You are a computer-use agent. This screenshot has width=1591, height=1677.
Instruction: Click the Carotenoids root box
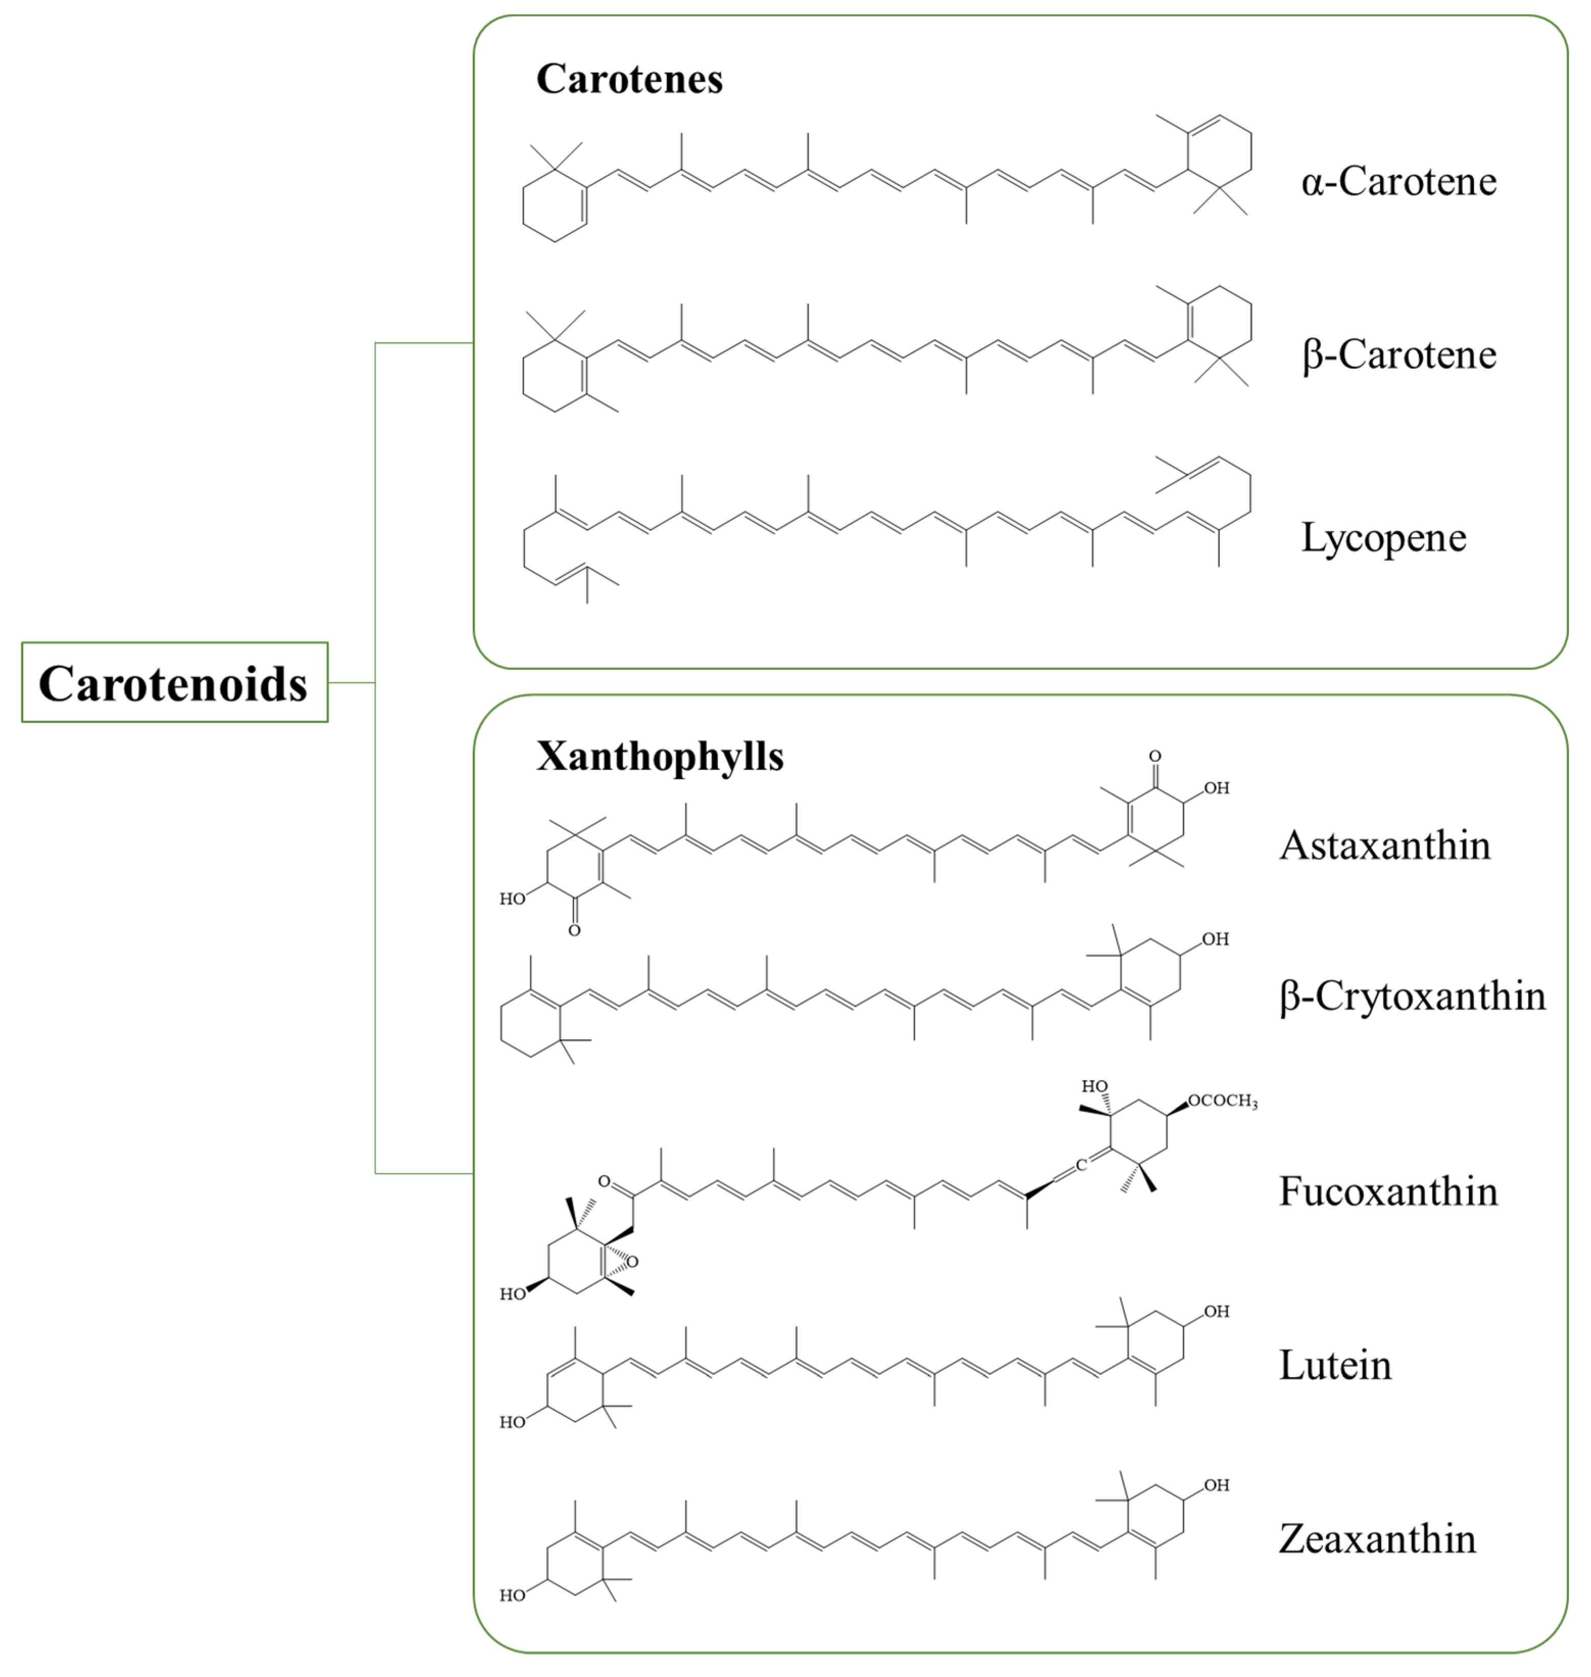(174, 683)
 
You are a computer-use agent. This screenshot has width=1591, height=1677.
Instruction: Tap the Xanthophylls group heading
(660, 756)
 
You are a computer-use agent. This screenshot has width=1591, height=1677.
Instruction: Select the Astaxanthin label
(1384, 845)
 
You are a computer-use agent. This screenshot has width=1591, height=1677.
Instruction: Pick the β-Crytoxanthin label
(1412, 996)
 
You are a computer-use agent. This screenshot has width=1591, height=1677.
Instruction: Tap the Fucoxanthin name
(1388, 1191)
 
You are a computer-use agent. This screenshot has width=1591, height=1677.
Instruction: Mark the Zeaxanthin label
(1378, 1539)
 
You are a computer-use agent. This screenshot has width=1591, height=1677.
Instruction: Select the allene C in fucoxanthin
(1081, 1165)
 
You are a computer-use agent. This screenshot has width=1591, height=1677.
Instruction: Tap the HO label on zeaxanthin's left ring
(512, 1596)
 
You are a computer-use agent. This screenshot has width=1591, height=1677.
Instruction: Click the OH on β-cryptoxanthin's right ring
(1215, 940)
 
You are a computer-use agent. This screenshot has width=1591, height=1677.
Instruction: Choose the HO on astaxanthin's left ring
(512, 899)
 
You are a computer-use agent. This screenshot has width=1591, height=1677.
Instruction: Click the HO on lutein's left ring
(512, 1422)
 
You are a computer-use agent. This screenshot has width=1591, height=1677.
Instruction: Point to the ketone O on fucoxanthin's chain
(604, 1181)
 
